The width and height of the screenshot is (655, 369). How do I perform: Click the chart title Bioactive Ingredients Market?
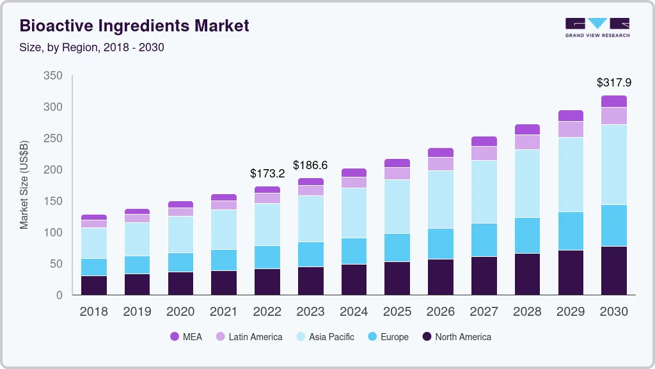(134, 26)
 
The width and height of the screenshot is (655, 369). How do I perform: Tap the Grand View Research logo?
(597, 28)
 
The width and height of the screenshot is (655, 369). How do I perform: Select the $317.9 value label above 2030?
(613, 83)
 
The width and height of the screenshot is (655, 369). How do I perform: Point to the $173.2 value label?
(267, 173)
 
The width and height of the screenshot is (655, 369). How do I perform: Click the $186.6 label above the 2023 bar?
(310, 165)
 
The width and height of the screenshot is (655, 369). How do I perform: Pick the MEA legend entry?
(186, 337)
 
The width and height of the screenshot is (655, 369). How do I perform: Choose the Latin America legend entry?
(249, 337)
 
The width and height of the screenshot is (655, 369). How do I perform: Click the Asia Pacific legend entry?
(325, 337)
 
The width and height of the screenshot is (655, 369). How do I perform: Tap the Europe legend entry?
(388, 337)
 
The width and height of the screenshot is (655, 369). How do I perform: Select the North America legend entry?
(457, 337)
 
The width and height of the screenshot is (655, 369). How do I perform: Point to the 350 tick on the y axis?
(53, 76)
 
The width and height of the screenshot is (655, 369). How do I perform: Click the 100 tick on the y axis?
(53, 233)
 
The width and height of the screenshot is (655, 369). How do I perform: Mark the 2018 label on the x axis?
(94, 312)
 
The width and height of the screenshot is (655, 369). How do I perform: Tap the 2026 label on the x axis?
(441, 312)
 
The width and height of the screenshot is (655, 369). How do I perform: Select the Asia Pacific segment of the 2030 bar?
(613, 165)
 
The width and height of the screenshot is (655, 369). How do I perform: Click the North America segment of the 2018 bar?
(94, 286)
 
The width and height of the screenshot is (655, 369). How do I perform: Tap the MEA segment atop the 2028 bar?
(527, 129)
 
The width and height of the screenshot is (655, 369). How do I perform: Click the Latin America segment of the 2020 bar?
(180, 212)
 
